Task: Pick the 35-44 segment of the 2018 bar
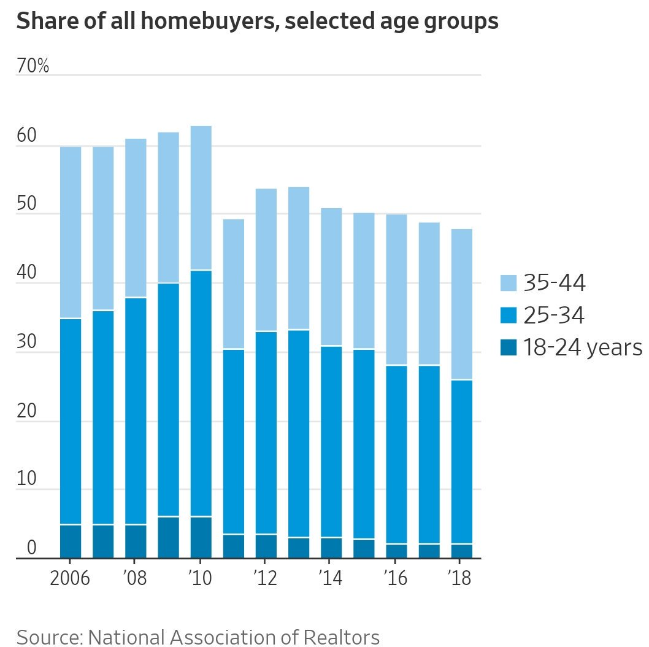click(x=456, y=304)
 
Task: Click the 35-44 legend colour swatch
click(x=509, y=283)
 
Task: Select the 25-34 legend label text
click(x=554, y=316)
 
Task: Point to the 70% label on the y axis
click(x=33, y=66)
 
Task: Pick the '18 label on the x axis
click(x=460, y=578)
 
